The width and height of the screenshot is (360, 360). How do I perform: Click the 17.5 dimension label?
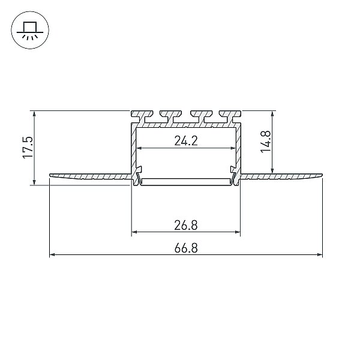[x=28, y=147]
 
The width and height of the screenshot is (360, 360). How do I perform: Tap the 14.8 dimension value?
[x=266, y=141]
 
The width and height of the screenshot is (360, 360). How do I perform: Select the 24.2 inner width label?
[x=186, y=141]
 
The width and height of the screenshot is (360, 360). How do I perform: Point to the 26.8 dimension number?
[x=186, y=225]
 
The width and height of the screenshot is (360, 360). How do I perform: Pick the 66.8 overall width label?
[x=186, y=248]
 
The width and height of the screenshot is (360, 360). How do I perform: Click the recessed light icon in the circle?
[x=30, y=30]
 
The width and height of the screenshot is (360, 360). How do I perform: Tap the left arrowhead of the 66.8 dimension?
[x=52, y=254]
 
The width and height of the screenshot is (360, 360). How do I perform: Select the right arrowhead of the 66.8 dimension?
[x=320, y=254]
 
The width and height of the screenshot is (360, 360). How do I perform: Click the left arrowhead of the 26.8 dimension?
[x=134, y=232]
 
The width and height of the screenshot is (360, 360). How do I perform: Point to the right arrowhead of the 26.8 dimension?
[x=237, y=232]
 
